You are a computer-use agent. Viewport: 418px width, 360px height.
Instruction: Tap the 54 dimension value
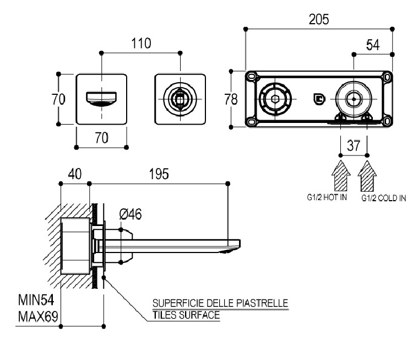[x=373, y=46]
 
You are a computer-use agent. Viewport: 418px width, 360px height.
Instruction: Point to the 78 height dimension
[x=231, y=100]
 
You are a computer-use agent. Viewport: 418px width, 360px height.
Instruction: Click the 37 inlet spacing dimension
[x=354, y=146]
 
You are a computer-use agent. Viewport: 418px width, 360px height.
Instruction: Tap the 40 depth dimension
[x=74, y=174]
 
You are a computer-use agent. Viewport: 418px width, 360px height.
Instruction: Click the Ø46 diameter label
[x=131, y=214]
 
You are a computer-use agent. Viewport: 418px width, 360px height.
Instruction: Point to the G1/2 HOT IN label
[x=327, y=197]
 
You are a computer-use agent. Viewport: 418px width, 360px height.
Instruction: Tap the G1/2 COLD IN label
[x=383, y=197]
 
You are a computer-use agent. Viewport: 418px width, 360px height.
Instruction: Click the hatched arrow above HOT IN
[x=341, y=175]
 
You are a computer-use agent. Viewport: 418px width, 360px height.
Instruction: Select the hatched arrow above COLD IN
[x=367, y=175]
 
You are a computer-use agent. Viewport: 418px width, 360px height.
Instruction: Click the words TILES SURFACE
[x=186, y=315]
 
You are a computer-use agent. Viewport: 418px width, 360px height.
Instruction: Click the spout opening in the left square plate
[x=102, y=99]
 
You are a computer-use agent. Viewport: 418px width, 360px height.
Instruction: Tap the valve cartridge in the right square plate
[x=180, y=99]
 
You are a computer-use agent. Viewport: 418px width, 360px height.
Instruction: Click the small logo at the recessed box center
[x=318, y=100]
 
